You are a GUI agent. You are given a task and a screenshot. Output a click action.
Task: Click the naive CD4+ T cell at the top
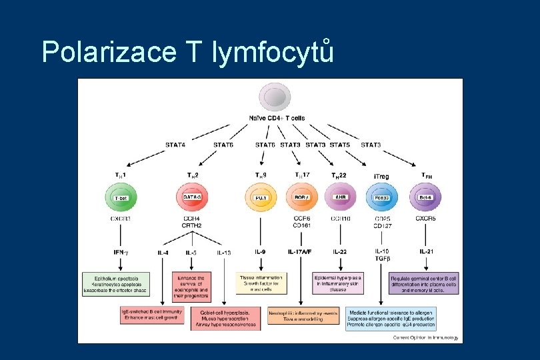pos(276,97)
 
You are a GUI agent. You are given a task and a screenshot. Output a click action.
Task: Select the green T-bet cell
pos(120,198)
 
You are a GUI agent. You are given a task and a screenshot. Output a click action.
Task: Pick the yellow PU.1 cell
pos(260,198)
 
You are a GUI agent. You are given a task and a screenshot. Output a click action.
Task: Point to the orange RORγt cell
pos(301,198)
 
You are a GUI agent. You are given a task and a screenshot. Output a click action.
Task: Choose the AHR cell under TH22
pos(340,198)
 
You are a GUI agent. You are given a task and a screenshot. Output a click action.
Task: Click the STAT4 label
pos(175,145)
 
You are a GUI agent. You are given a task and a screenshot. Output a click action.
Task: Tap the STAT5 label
pos(339,145)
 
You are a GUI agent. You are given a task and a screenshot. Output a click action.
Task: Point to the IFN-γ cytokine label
pos(121,251)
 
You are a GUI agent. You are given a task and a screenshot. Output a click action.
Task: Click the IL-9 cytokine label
pos(261,251)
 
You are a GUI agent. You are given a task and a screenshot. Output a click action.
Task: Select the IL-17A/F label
pos(299,251)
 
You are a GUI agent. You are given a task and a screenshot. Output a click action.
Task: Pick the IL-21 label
pos(427,251)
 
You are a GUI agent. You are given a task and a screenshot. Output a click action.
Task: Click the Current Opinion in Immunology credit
pos(426,338)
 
